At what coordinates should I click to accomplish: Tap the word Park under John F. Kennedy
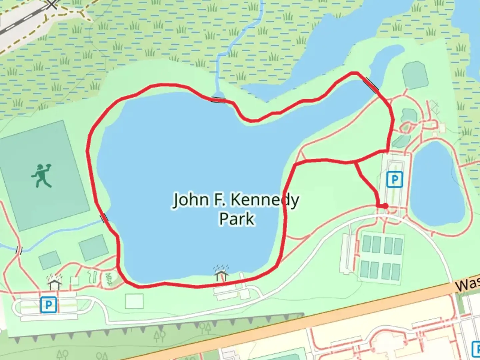pos(237,219)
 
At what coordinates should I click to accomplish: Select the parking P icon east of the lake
pos(395,180)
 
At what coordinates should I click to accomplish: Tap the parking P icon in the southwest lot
pos(48,305)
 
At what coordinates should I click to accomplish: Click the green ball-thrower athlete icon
pos(41,175)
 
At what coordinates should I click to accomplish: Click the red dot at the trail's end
pos(385,206)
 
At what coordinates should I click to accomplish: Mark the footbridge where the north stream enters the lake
pos(218,100)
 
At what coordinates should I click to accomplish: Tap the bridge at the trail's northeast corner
pos(372,85)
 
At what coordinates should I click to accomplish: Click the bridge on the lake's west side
pos(104,218)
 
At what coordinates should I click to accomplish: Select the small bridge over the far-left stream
pos(19,250)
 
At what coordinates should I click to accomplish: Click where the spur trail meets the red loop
pos(356,162)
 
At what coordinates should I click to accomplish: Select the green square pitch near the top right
pos(415,75)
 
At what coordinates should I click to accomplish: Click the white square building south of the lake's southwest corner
pos(134,301)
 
